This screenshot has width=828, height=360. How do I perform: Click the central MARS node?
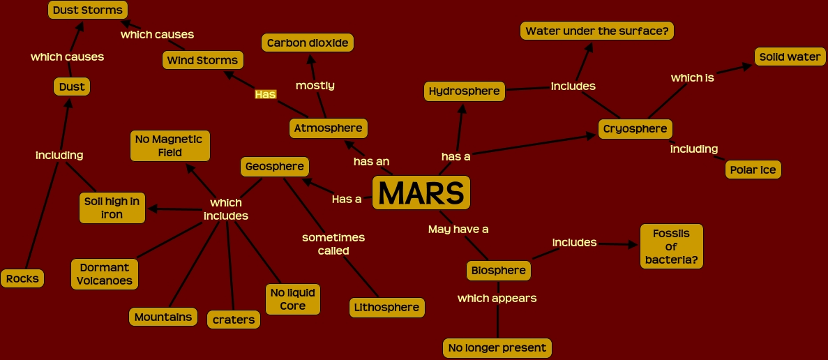[x=421, y=193]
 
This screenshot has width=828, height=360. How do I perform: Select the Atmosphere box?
[x=328, y=128]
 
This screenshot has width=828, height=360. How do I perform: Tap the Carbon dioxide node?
[x=308, y=43]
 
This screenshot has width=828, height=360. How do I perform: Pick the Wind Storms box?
[x=202, y=61]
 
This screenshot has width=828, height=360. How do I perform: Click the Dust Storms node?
[x=87, y=10]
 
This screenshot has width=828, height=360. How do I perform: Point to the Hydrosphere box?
[x=464, y=91]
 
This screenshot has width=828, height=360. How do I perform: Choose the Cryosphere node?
[x=635, y=129]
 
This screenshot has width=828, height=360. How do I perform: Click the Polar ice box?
[x=753, y=170]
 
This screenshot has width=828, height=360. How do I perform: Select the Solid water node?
[x=790, y=57]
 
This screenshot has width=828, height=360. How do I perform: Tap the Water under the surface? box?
[x=596, y=31]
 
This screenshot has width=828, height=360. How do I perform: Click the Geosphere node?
[x=274, y=167]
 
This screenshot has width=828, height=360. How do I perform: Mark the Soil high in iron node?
[x=112, y=208]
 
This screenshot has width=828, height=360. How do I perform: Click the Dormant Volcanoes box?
[x=105, y=274]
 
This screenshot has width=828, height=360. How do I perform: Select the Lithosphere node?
[x=386, y=307]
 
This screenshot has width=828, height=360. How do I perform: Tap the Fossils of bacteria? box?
[x=671, y=247]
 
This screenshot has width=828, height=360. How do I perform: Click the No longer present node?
[x=497, y=347]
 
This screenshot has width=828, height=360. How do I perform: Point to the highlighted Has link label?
[x=265, y=94]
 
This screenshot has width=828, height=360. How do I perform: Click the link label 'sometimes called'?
[x=333, y=244]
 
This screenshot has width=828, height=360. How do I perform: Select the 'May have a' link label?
[x=458, y=229]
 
